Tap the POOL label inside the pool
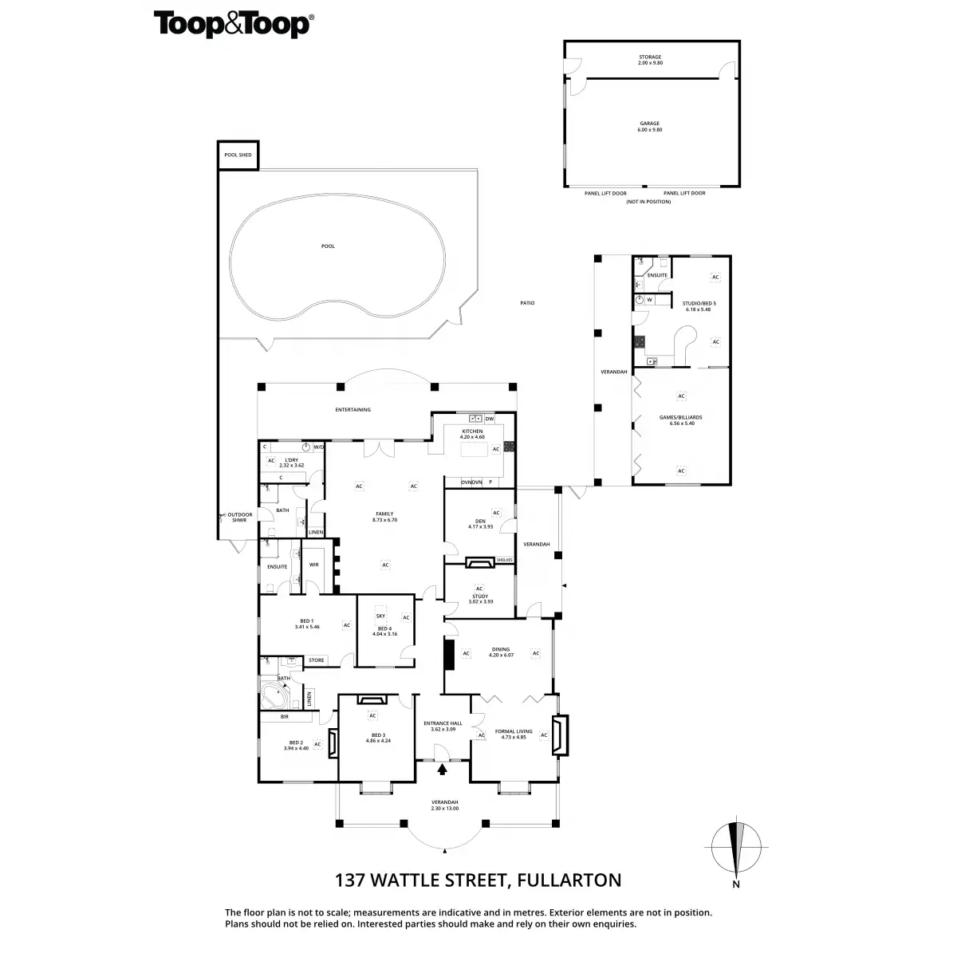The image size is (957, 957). (328, 246)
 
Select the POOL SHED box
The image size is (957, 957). (238, 155)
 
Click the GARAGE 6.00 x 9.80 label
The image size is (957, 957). (649, 127)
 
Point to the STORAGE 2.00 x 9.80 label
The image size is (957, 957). (649, 60)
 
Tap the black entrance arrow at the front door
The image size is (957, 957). (443, 769)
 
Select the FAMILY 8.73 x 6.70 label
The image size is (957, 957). (384, 517)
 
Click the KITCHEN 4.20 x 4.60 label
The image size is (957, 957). (472, 434)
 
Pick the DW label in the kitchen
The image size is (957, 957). (489, 419)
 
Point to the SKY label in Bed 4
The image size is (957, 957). (380, 616)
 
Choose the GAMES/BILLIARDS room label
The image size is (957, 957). (680, 420)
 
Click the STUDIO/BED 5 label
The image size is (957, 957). (699, 306)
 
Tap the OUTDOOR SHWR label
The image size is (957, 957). (239, 517)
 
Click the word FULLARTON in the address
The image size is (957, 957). (569, 880)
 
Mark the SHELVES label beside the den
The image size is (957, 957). (504, 561)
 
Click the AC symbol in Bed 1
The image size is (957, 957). (346, 625)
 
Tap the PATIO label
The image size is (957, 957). (526, 303)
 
